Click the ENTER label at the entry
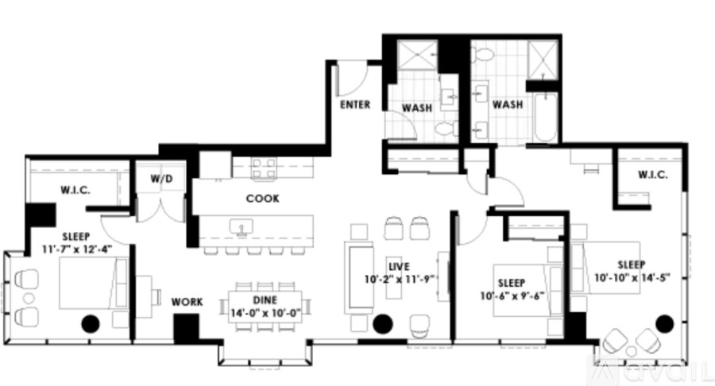coord(354,105)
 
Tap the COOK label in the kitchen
coord(262,199)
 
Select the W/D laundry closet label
coord(160,179)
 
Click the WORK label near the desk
coord(187,302)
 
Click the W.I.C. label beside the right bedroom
coord(651,176)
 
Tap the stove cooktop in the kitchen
coord(264,166)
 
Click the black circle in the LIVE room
coord(383,322)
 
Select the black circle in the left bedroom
coord(90,323)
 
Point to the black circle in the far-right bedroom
coord(664,322)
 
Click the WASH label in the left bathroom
coord(416,106)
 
